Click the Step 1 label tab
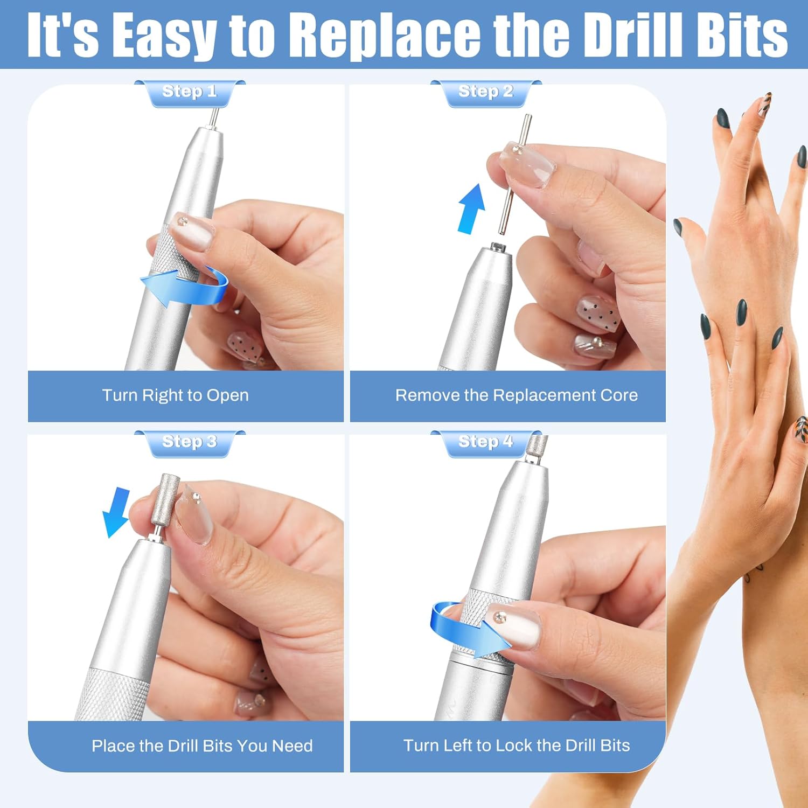pyautogui.click(x=190, y=92)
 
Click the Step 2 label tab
pyautogui.click(x=485, y=92)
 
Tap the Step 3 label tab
pyautogui.click(x=190, y=442)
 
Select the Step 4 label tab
pyautogui.click(x=485, y=442)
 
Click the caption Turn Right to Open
pyautogui.click(x=176, y=395)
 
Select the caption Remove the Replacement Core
pyautogui.click(x=516, y=395)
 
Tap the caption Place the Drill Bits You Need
pyautogui.click(x=202, y=746)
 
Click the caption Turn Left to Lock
pyautogui.click(x=516, y=746)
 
